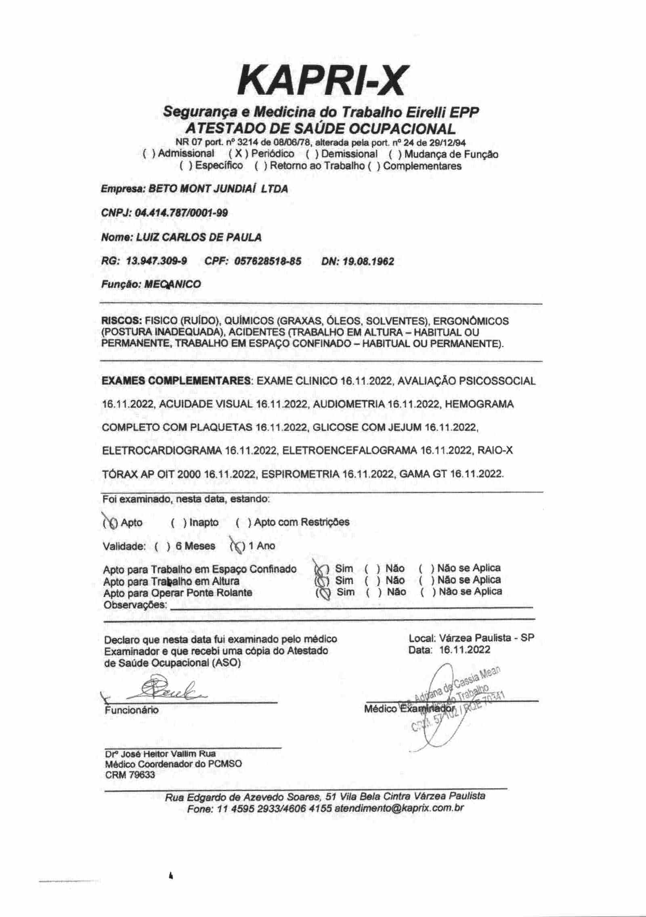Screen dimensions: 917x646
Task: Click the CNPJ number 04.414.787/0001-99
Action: click(182, 213)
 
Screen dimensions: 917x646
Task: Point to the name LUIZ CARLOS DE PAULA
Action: click(199, 237)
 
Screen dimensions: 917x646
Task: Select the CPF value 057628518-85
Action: click(267, 261)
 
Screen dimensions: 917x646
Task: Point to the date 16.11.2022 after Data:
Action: click(465, 649)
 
